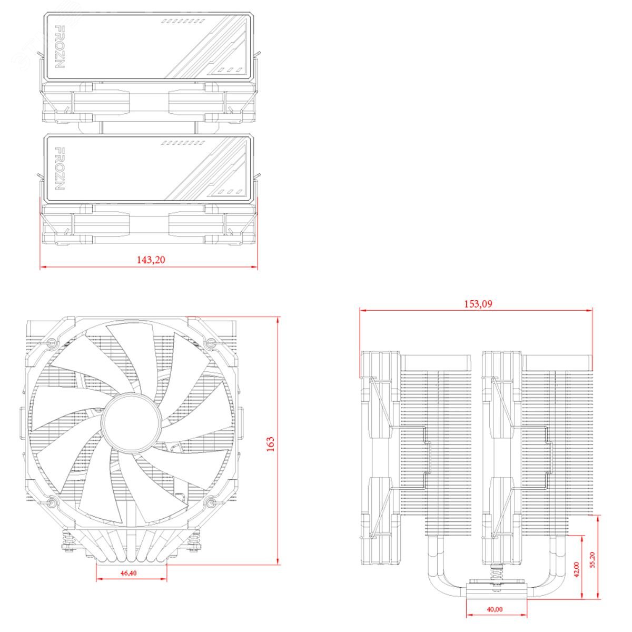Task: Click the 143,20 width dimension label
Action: (x=151, y=260)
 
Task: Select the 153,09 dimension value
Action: (x=478, y=304)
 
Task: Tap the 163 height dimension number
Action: (x=270, y=445)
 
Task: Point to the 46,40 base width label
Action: (x=129, y=573)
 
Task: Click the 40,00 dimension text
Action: (x=495, y=609)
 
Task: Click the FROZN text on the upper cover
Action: (x=59, y=46)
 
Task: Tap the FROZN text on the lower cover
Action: (x=59, y=168)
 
